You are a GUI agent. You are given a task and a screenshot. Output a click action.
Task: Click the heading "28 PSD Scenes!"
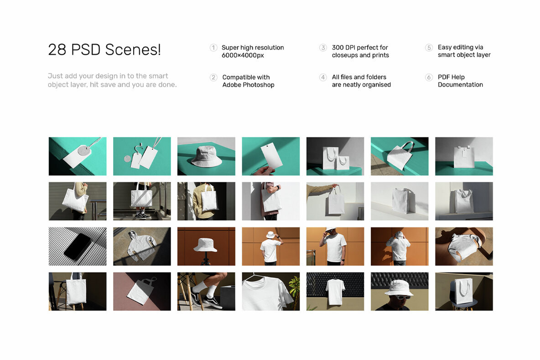click(x=104, y=50)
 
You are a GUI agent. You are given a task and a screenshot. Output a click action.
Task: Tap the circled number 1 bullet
click(x=213, y=48)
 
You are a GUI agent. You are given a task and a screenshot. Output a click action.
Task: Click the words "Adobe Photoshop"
click(x=248, y=85)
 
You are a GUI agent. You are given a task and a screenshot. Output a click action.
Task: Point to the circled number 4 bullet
click(x=323, y=77)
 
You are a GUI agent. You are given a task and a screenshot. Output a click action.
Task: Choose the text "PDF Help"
click(x=451, y=77)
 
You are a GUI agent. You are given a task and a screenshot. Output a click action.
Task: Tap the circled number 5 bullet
click(x=429, y=48)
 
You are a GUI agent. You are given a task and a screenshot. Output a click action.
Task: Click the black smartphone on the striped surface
click(x=77, y=247)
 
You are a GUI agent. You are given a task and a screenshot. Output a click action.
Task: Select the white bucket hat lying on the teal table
click(x=206, y=156)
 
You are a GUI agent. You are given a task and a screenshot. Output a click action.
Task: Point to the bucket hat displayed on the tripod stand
click(x=205, y=245)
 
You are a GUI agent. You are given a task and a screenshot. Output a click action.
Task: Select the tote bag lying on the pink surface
click(x=139, y=292)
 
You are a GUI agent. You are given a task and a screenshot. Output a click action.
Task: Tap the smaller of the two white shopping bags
click(x=343, y=162)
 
